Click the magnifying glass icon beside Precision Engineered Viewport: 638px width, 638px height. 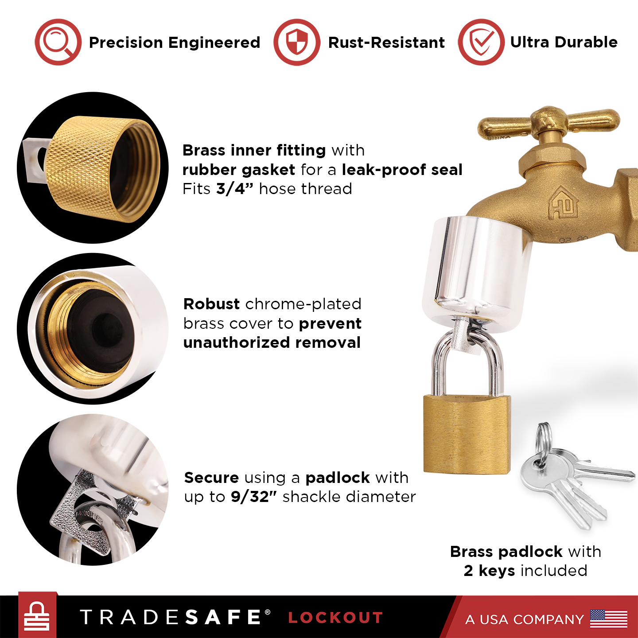[x=58, y=42]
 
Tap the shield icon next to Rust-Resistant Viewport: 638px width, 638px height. [x=297, y=42]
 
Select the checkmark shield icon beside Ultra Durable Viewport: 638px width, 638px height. [x=481, y=42]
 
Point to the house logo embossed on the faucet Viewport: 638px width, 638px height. [x=564, y=202]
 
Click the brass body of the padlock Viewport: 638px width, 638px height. [x=467, y=434]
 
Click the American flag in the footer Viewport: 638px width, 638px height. [x=608, y=618]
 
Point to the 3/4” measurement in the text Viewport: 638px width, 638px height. [x=234, y=189]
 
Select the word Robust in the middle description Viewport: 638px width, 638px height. [x=211, y=304]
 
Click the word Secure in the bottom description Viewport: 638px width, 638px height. [x=211, y=478]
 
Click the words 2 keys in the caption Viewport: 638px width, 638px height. [x=489, y=571]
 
